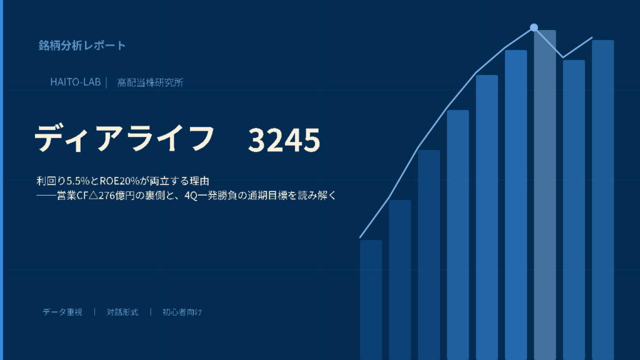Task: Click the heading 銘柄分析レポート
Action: [82, 45]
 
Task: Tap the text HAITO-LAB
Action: [76, 82]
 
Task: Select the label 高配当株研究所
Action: [150, 82]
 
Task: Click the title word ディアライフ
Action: [124, 138]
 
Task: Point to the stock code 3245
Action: [284, 140]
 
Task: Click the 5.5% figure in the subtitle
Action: [78, 181]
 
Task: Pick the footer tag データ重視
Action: [62, 312]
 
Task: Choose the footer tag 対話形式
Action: [122, 312]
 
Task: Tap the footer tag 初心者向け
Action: [182, 312]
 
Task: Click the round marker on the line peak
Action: [534, 27]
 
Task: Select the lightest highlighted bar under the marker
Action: [545, 195]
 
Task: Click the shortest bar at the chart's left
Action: [371, 300]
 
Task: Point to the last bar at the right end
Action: [603, 200]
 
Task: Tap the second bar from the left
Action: [400, 280]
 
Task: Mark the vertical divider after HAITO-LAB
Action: [106, 82]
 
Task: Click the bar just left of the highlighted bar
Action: [516, 205]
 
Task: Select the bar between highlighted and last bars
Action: [574, 210]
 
